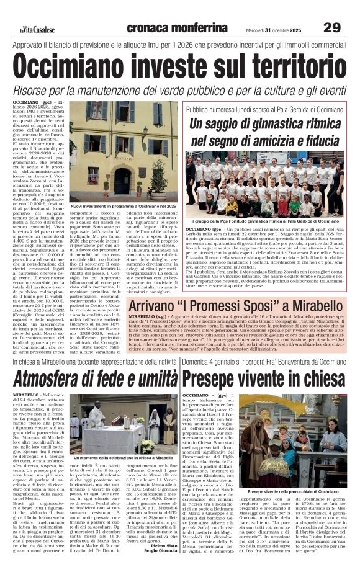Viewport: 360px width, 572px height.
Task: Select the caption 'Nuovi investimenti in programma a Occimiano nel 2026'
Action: coord(123,205)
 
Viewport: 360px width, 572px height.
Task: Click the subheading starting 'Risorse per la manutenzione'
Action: coord(180,91)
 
